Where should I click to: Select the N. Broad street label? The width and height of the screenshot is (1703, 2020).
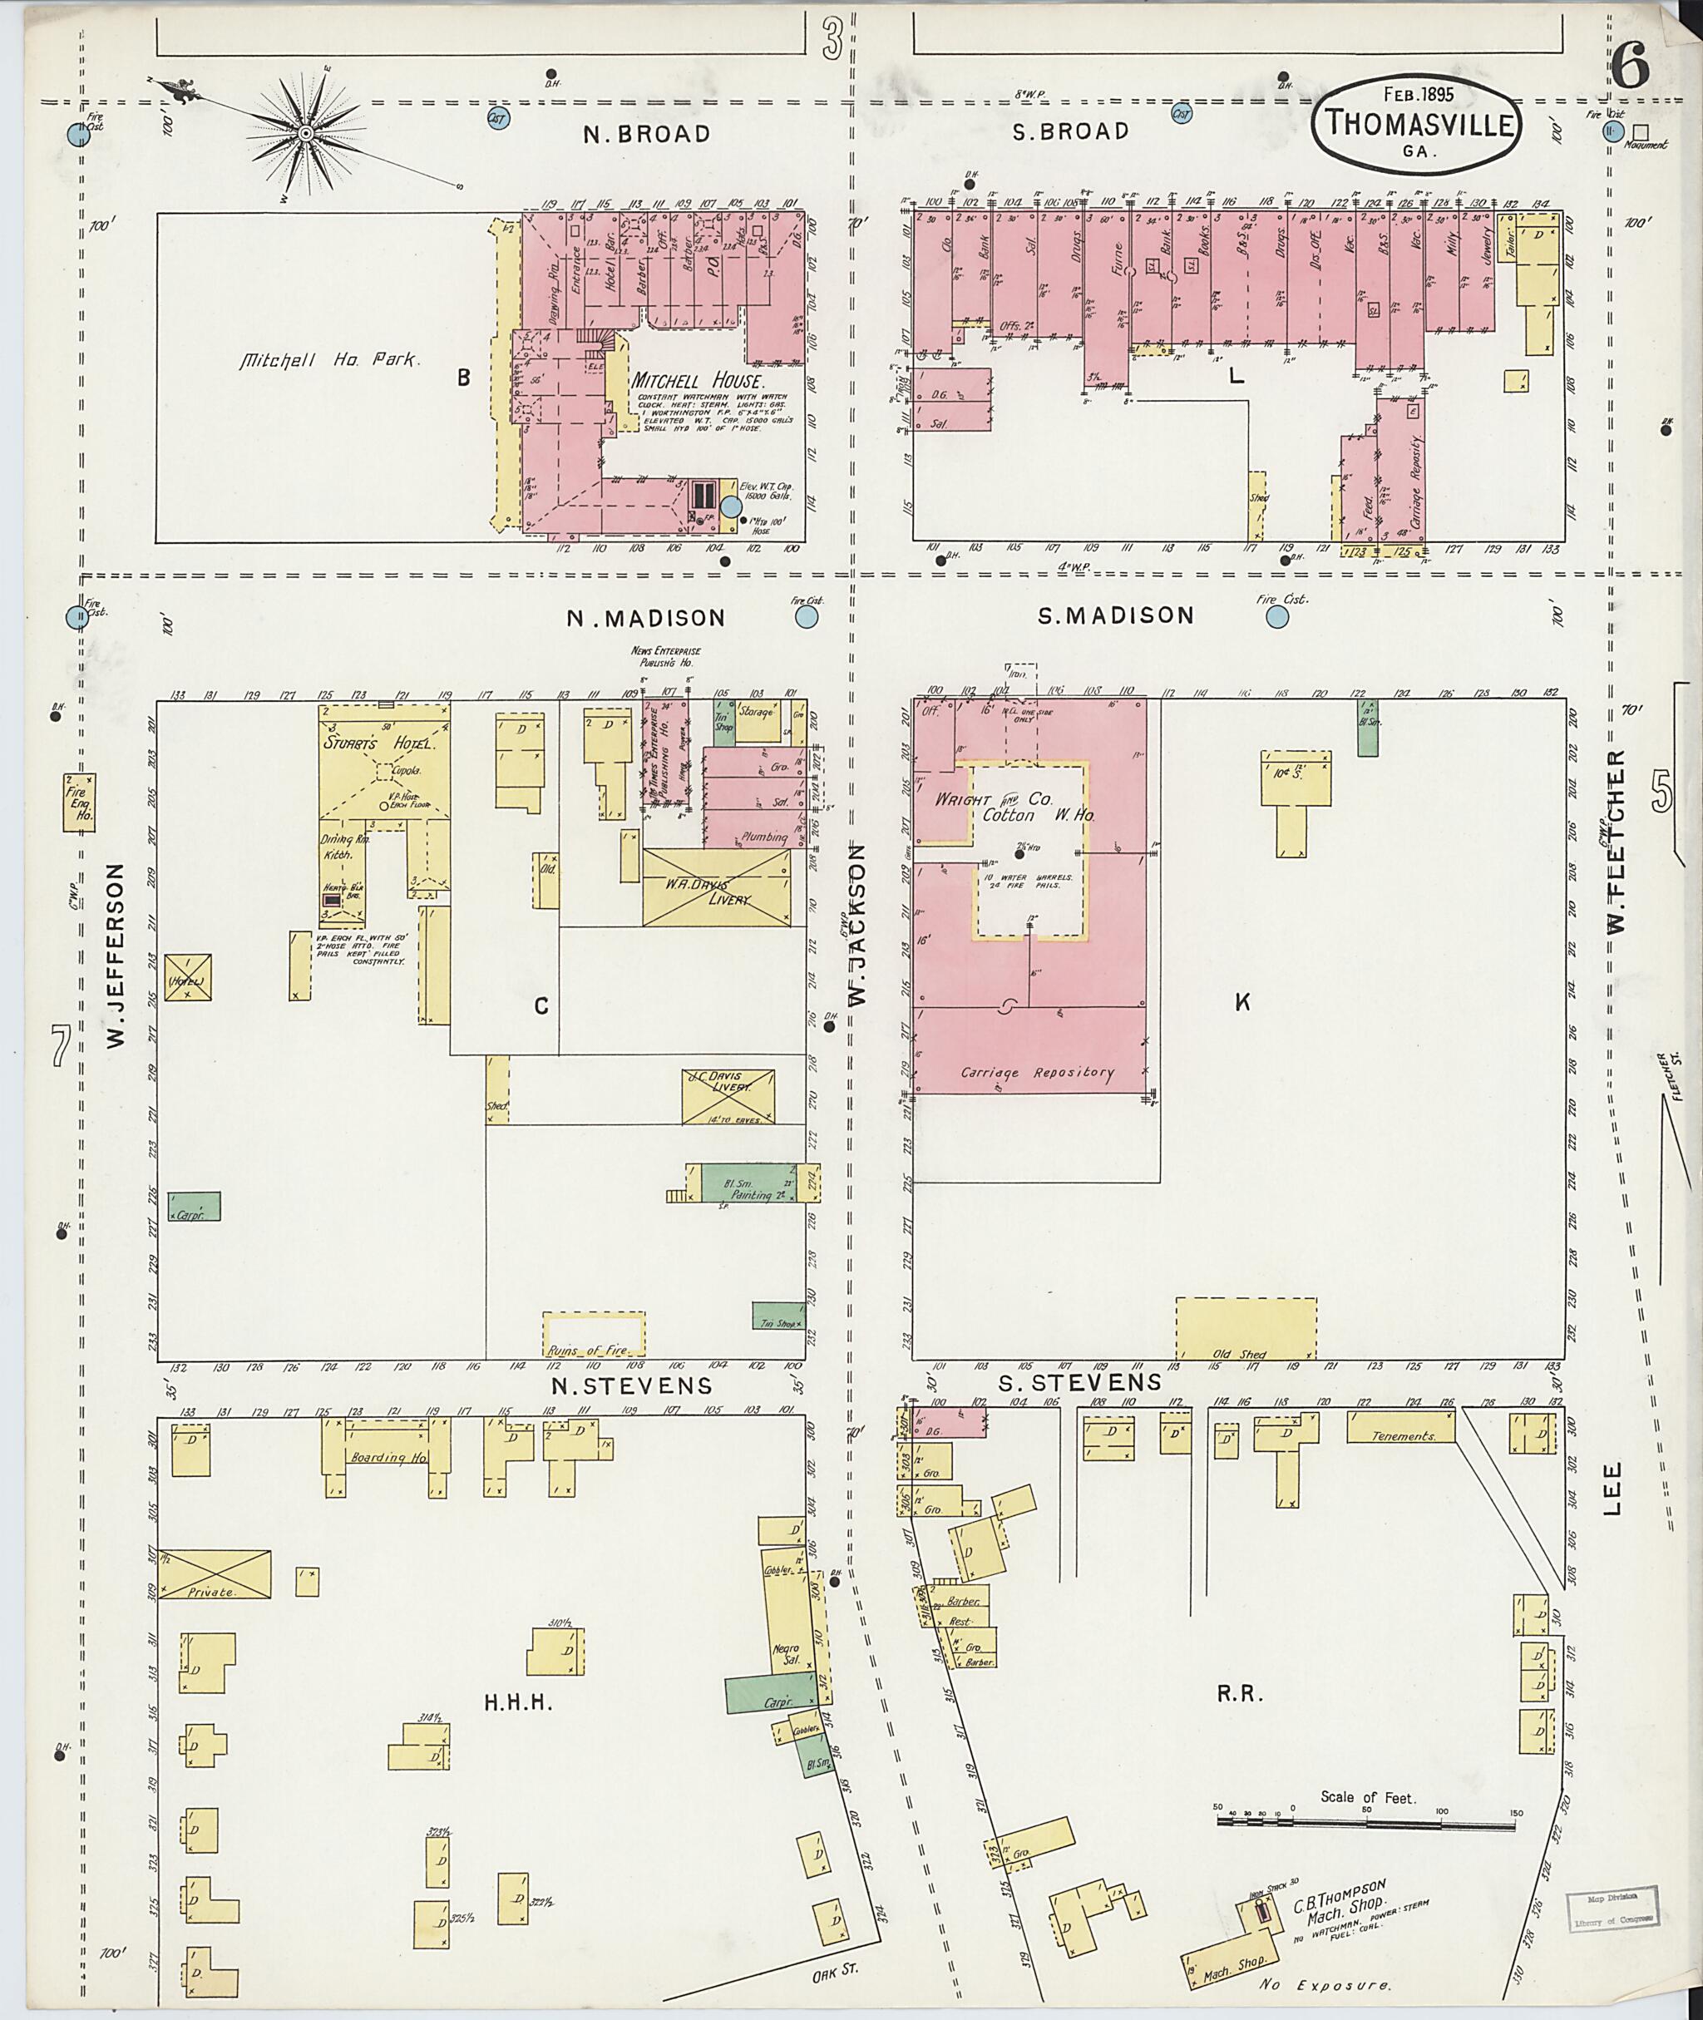click(647, 134)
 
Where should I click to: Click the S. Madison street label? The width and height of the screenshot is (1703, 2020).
click(1115, 615)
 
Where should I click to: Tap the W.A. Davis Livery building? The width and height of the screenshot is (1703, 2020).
click(715, 887)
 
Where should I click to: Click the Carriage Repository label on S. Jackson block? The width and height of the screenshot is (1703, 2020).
click(1037, 1073)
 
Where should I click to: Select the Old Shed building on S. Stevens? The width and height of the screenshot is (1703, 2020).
click(1246, 1329)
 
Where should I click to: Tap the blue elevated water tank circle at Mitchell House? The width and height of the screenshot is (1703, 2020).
click(731, 506)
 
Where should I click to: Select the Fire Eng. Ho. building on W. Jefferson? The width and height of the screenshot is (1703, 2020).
click(78, 803)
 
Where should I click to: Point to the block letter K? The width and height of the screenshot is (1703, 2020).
click(1241, 1002)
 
